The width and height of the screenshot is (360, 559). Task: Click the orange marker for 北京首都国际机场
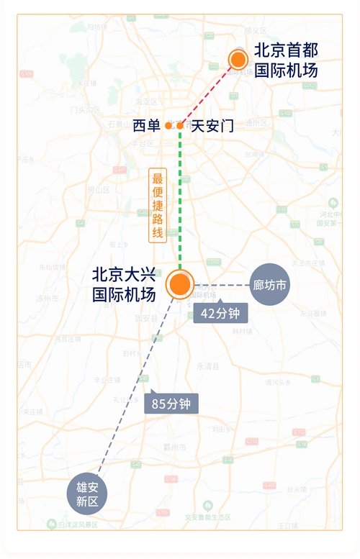pyautogui.click(x=238, y=60)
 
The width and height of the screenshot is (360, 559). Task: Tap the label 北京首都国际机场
pyautogui.click(x=286, y=60)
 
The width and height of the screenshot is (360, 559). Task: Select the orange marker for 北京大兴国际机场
pyautogui.click(x=180, y=285)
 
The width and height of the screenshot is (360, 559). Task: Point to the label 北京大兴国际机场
pyautogui.click(x=124, y=284)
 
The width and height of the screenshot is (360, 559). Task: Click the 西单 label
pyautogui.click(x=147, y=126)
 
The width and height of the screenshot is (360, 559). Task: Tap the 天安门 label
pyautogui.click(x=212, y=126)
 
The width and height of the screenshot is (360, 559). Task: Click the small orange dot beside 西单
pyautogui.click(x=168, y=126)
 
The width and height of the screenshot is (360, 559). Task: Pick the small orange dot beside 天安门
pyautogui.click(x=181, y=126)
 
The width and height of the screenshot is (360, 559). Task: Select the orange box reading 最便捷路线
pyautogui.click(x=158, y=205)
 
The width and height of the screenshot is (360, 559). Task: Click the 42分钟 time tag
pyautogui.click(x=221, y=313)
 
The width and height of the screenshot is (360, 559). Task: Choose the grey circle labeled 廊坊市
pyautogui.click(x=270, y=285)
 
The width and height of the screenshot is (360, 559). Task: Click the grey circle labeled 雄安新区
pyautogui.click(x=87, y=494)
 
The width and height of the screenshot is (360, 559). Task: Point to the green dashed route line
pyautogui.click(x=180, y=216)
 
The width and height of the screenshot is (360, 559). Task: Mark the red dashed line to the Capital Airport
pyautogui.click(x=209, y=94)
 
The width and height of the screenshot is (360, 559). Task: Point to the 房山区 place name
pyautogui.click(x=97, y=190)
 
